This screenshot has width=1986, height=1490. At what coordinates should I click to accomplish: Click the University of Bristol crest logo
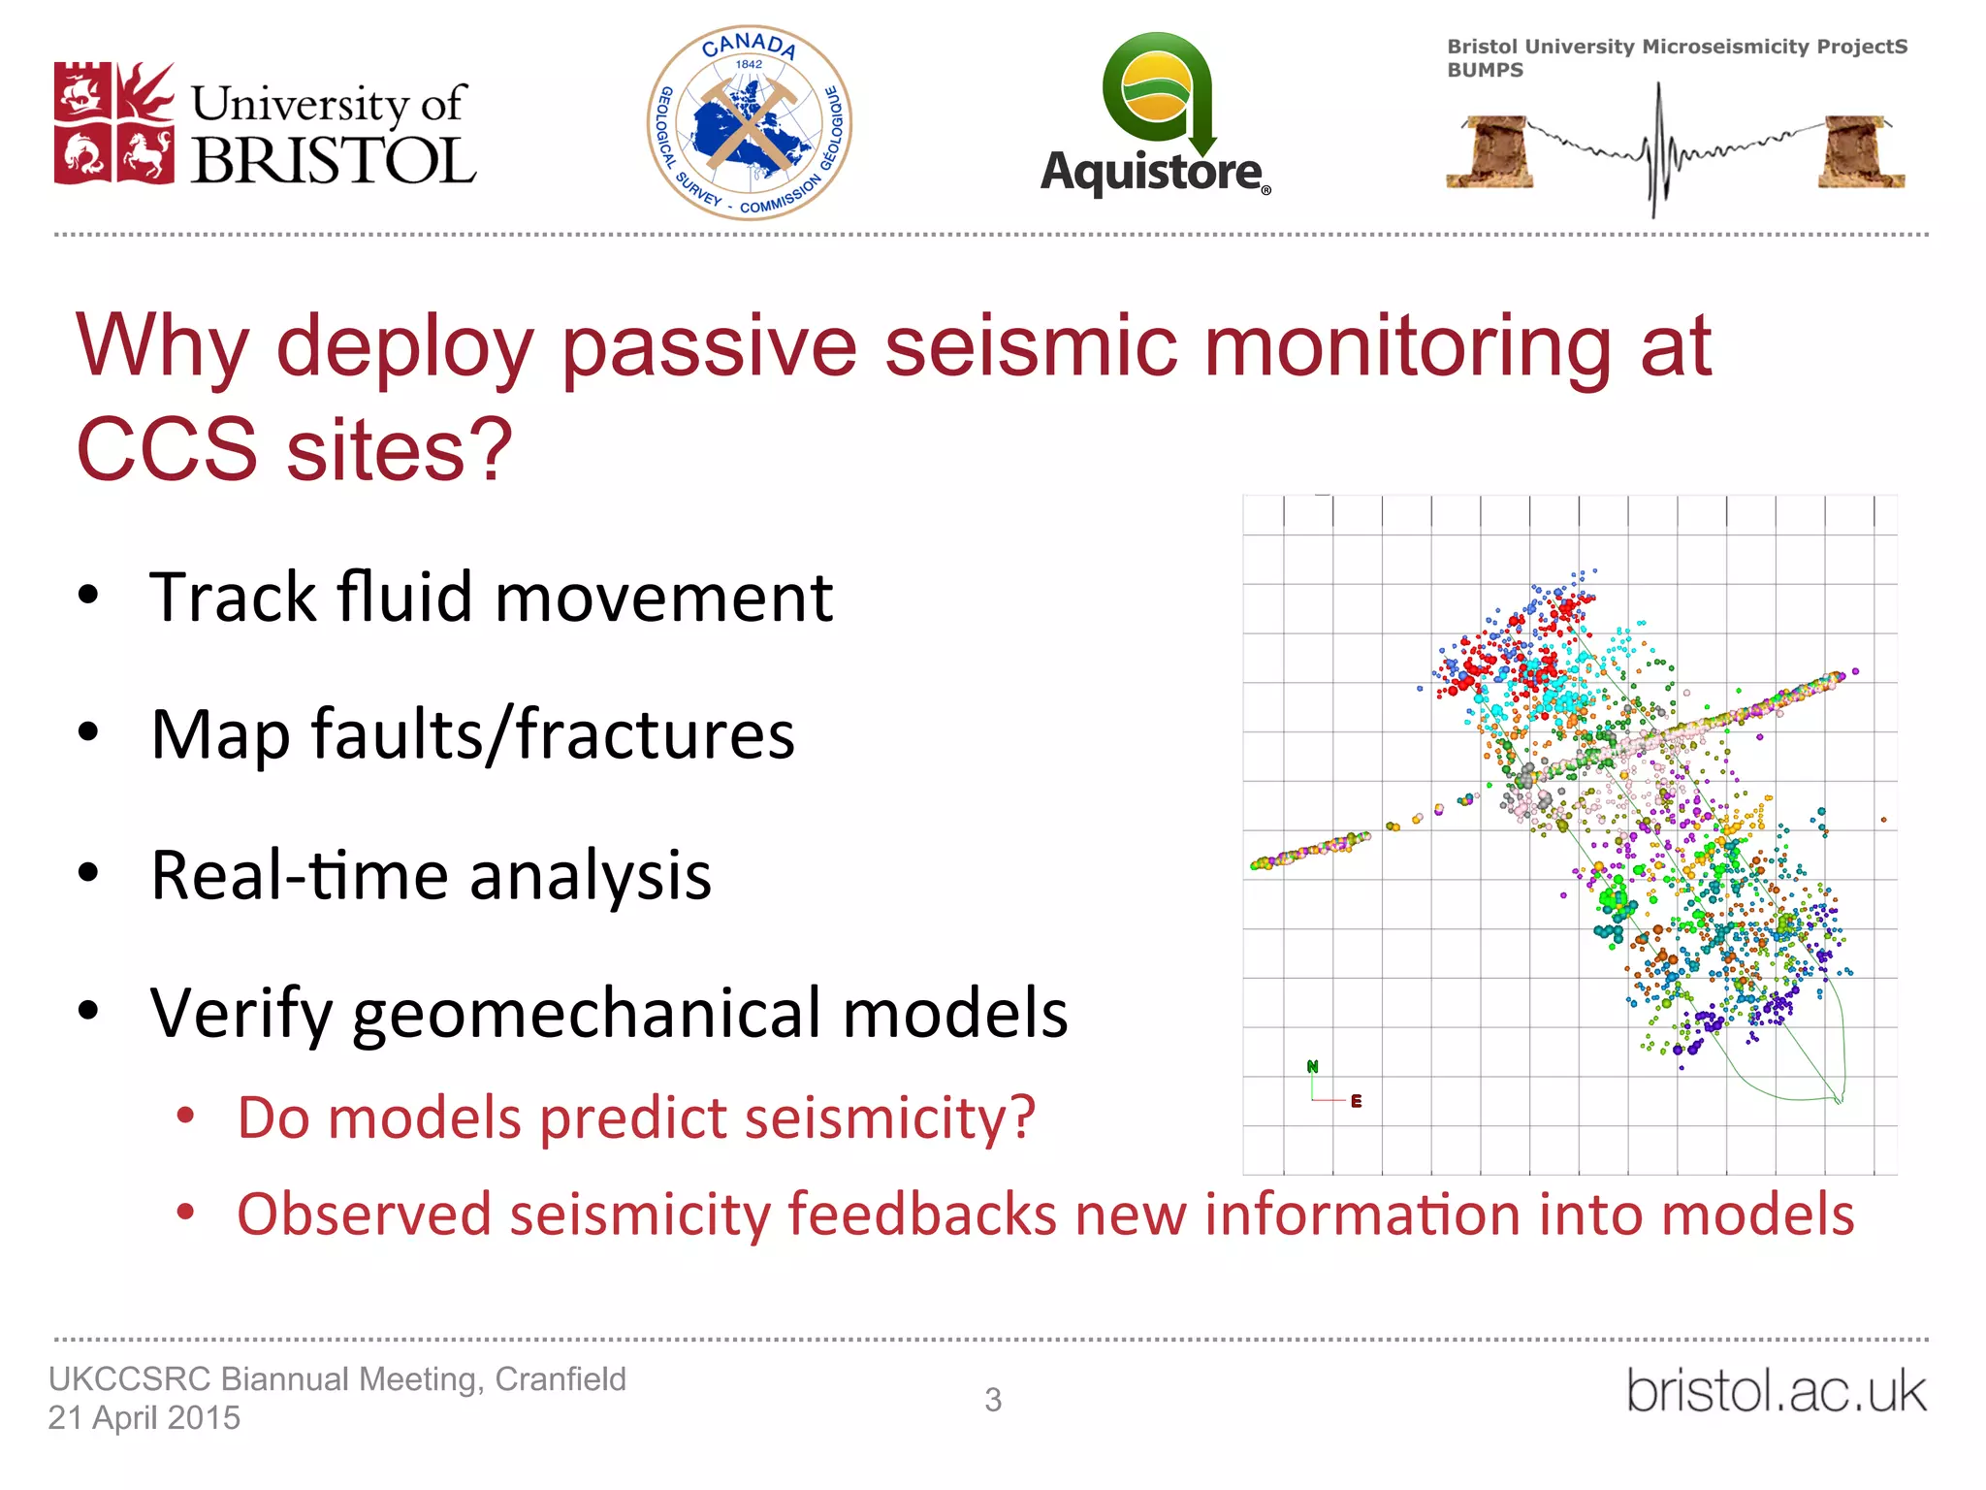(114, 123)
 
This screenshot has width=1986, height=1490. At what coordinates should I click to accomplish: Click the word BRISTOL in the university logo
(333, 161)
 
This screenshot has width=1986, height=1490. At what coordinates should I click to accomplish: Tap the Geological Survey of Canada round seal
(749, 123)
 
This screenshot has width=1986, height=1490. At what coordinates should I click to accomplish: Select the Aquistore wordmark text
(1152, 173)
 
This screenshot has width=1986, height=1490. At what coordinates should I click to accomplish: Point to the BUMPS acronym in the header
(1485, 71)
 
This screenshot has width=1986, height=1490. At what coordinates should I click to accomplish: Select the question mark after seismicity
(1022, 1117)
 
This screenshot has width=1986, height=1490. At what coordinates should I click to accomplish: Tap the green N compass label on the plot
(1313, 1066)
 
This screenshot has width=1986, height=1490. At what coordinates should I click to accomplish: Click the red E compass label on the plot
(1356, 1101)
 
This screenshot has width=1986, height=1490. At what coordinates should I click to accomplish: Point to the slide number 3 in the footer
(993, 1400)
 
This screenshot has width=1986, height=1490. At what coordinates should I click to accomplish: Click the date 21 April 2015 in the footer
(144, 1418)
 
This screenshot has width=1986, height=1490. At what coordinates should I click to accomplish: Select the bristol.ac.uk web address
(1776, 1391)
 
